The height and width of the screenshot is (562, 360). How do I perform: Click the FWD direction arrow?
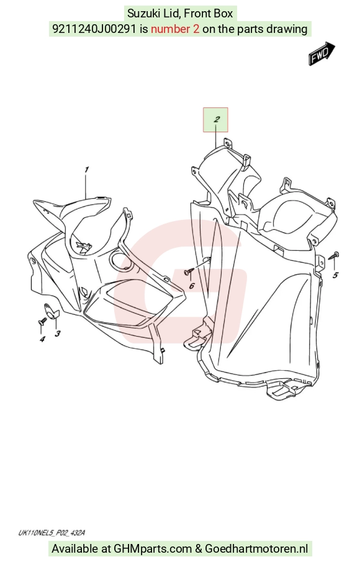(x=322, y=53)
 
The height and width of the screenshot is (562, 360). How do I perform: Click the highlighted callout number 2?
(x=216, y=119)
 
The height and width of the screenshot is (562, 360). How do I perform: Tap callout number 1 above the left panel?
(x=86, y=170)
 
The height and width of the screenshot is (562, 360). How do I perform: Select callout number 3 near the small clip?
(x=58, y=333)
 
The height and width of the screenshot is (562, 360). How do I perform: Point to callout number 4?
(x=42, y=339)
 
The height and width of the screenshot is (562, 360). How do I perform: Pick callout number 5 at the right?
(x=335, y=275)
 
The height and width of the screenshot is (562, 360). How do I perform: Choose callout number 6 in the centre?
(x=192, y=286)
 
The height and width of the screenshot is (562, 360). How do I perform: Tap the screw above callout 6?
(x=189, y=272)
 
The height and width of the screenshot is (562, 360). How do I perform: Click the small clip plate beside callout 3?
(x=52, y=310)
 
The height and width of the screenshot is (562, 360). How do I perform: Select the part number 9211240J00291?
(x=94, y=29)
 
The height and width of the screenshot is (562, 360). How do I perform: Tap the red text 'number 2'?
(x=175, y=29)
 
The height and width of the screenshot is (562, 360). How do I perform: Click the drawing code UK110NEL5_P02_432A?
(x=52, y=533)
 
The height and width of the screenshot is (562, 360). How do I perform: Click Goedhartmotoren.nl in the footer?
(x=256, y=549)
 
